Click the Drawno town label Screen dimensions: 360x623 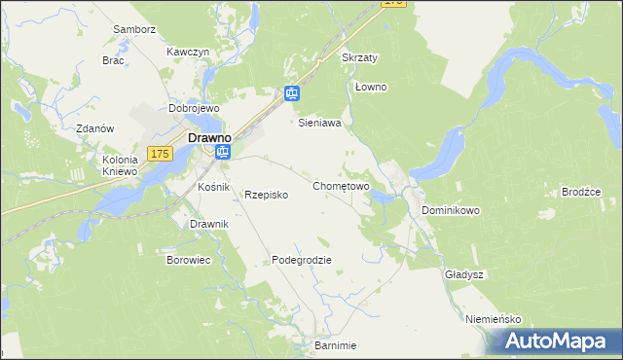tap(207, 138)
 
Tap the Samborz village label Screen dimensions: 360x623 tap(134, 29)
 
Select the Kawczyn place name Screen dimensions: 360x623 tap(188, 52)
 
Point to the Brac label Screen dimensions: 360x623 tap(113, 59)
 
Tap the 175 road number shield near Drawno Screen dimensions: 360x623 tap(161, 154)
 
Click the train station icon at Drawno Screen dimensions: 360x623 tap(224, 153)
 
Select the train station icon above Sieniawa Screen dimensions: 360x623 tap(292, 94)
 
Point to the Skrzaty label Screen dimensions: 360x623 tap(359, 57)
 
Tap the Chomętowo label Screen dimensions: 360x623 tap(341, 185)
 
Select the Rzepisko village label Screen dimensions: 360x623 tap(266, 195)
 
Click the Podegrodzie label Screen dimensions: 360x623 tap(302, 260)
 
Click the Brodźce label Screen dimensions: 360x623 tap(581, 192)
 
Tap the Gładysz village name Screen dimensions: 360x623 tap(464, 274)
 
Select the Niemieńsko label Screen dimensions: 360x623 tap(494, 319)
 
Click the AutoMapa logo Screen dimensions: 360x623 tap(557, 342)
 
